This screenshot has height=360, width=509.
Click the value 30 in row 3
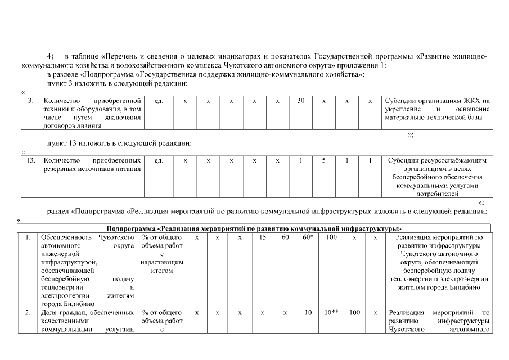coord(301,101)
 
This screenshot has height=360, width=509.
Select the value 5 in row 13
coord(324,161)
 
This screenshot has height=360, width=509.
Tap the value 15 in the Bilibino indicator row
coord(262,237)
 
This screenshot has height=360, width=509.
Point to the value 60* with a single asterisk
coord(308,237)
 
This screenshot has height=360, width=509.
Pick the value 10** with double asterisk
coord(331,312)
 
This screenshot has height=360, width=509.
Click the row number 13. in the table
coord(30,161)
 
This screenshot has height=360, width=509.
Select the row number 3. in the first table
coord(30,101)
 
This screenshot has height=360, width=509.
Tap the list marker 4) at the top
coord(51,57)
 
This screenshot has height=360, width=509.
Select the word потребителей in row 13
coord(437,193)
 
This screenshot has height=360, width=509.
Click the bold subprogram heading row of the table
coord(254,228)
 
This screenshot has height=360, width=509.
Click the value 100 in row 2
coord(354,312)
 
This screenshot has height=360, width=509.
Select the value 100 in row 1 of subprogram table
coord(331,237)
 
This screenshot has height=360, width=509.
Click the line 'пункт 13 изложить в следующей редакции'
coord(119,143)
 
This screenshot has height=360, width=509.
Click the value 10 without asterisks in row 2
coord(308,312)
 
